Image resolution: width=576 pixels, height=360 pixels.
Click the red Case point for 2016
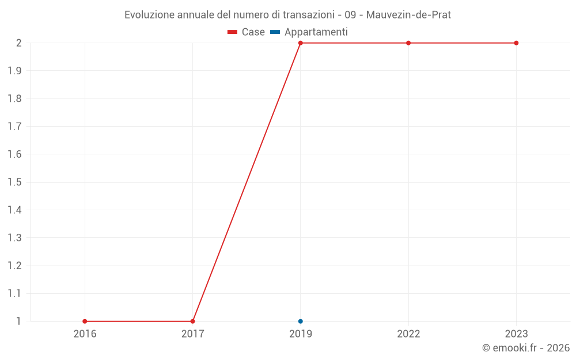85,321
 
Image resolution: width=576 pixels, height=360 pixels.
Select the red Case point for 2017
192,321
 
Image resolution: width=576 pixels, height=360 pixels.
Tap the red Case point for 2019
301,43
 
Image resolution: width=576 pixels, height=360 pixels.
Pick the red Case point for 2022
408,43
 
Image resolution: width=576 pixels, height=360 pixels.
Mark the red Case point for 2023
516,43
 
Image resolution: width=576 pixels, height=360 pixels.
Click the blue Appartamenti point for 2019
301,321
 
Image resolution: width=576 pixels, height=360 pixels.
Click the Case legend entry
247,32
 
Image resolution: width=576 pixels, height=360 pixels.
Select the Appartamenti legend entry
309,32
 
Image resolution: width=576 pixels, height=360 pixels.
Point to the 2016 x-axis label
85,334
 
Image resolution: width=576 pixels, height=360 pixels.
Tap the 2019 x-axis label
301,334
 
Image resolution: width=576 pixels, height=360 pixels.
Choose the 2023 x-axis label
516,334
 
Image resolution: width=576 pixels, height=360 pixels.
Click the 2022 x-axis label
408,334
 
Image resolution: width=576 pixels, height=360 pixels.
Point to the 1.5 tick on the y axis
14,182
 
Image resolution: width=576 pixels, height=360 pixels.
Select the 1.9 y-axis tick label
14,71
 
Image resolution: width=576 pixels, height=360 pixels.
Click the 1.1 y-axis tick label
14,293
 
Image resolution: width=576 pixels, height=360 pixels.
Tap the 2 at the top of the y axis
18,43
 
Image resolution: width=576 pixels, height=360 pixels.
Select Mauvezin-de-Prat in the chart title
408,14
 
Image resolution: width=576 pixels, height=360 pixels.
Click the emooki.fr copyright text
525,348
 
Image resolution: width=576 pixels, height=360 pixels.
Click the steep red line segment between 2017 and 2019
247,182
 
